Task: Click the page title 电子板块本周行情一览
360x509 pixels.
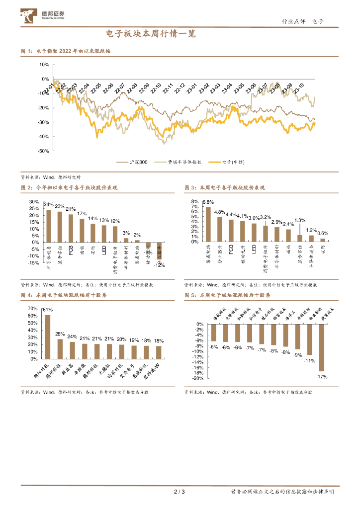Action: [151, 34]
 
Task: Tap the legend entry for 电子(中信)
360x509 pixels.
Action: [227, 162]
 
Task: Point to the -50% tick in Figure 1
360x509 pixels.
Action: [43, 151]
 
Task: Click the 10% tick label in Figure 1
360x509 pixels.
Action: [43, 65]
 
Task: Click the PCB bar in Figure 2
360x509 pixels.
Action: [71, 228]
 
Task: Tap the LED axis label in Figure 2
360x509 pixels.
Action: [104, 251]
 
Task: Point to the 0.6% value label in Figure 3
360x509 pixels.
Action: [323, 233]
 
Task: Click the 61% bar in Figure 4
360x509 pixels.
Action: [48, 337]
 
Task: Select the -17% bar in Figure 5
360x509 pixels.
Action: [321, 348]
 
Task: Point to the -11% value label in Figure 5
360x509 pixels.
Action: [309, 361]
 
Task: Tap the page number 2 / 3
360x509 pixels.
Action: [179, 492]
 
